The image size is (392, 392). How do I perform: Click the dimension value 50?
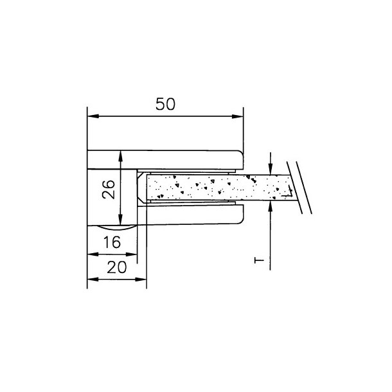point(165,104)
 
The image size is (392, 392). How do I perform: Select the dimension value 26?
point(109,190)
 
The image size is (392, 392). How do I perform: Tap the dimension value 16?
point(112,242)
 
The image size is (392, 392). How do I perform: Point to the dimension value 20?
point(117,267)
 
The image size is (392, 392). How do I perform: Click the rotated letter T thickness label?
point(259,260)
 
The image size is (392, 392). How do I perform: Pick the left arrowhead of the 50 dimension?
point(93,116)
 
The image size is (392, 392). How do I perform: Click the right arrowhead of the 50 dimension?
point(238,116)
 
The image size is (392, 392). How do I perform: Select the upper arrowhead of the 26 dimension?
point(121,156)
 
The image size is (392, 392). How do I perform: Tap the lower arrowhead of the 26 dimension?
point(121,220)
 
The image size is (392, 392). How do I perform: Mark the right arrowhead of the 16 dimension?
point(132,254)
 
